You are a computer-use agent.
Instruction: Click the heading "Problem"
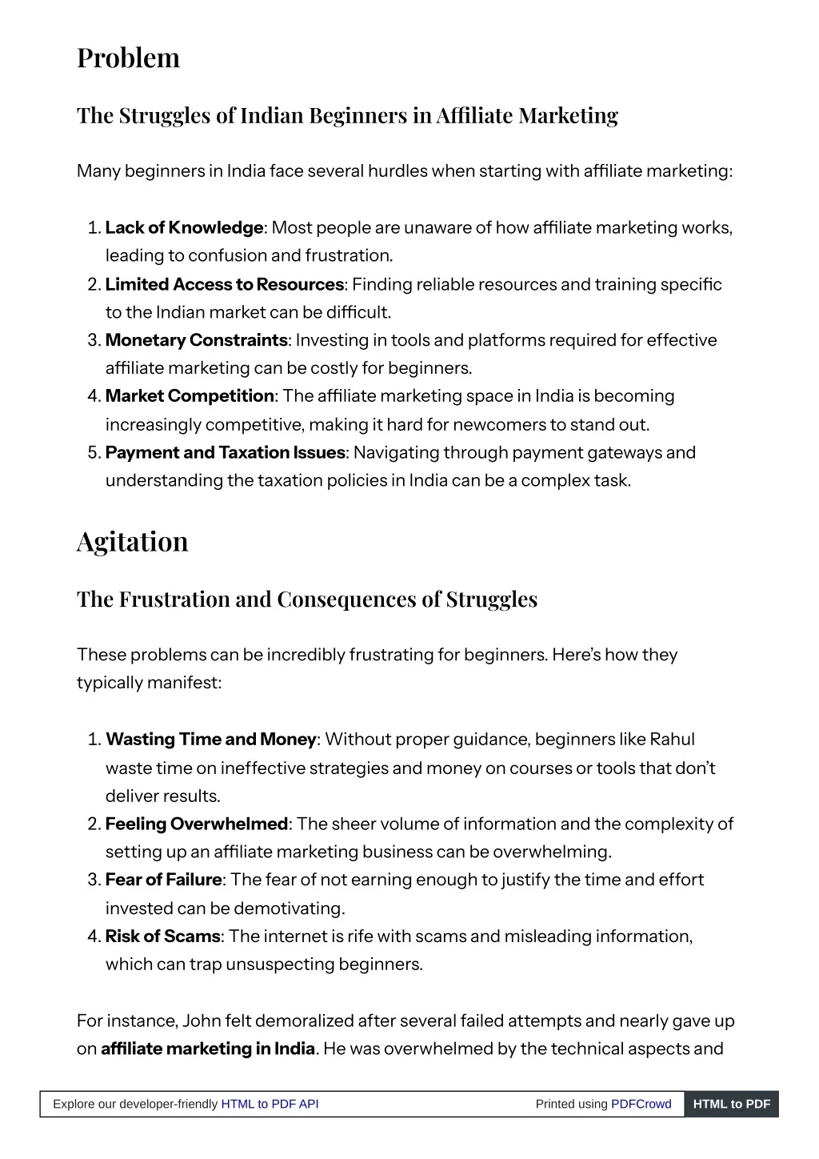(128, 58)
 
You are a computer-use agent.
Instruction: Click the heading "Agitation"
(132, 542)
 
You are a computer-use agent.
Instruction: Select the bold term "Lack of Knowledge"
(184, 228)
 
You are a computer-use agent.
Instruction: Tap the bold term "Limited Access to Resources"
(224, 285)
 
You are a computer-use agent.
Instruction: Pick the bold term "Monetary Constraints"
(196, 341)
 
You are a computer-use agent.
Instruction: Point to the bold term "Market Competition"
(190, 396)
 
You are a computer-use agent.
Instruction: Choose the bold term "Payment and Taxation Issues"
(225, 453)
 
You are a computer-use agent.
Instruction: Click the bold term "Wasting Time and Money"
(210, 740)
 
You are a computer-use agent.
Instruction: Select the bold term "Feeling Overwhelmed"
(196, 824)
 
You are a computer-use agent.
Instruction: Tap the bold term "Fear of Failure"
(163, 880)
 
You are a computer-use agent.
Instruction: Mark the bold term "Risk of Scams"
(162, 936)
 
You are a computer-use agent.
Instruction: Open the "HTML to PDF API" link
(270, 1105)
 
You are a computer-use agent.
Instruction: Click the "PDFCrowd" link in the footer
(641, 1105)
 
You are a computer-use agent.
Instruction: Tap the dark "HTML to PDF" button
(731, 1105)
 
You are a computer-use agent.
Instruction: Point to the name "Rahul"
(672, 740)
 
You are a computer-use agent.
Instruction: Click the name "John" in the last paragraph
(202, 1021)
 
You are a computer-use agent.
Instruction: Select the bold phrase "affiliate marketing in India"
(208, 1049)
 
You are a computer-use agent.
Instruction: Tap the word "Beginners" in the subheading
(358, 116)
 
